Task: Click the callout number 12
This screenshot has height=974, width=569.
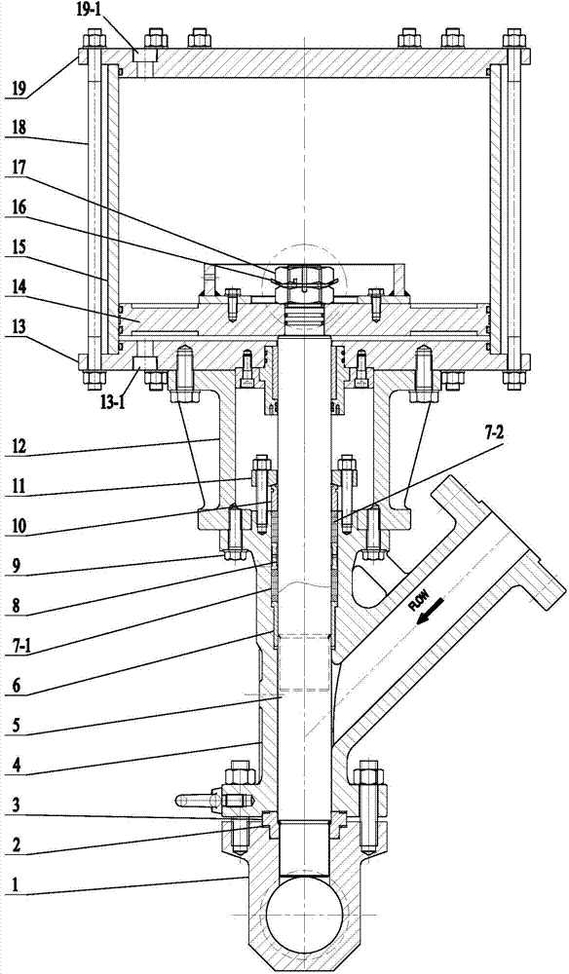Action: (x=19, y=448)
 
